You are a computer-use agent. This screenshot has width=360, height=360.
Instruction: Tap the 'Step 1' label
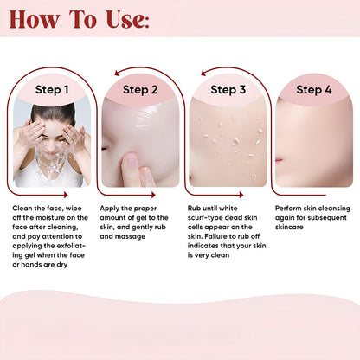click(52, 89)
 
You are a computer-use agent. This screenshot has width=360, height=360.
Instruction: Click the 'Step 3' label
click(228, 89)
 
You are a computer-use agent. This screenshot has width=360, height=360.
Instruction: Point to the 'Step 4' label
click(313, 89)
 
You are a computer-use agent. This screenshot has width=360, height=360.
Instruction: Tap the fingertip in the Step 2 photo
click(130, 162)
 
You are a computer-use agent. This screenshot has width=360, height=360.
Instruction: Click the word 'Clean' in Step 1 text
click(23, 209)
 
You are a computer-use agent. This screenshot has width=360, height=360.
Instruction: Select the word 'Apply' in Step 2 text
click(111, 209)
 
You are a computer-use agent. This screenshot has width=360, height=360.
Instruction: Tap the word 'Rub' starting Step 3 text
click(195, 209)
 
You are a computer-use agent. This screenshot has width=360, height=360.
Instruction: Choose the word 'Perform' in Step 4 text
click(290, 209)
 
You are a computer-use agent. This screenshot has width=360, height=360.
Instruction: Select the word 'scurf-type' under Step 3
click(205, 218)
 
